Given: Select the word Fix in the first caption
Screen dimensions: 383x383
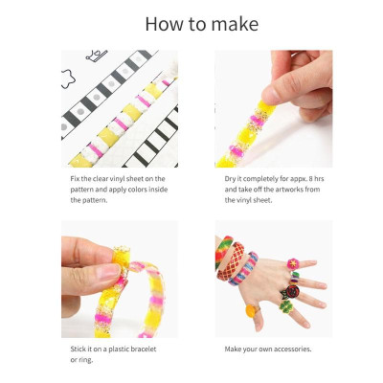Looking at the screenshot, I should point(75,179).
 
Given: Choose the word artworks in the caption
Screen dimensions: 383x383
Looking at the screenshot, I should point(282,190).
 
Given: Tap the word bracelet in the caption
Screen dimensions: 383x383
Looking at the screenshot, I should point(142,349).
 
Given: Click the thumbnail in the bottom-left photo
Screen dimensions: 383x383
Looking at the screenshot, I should point(106,274).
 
